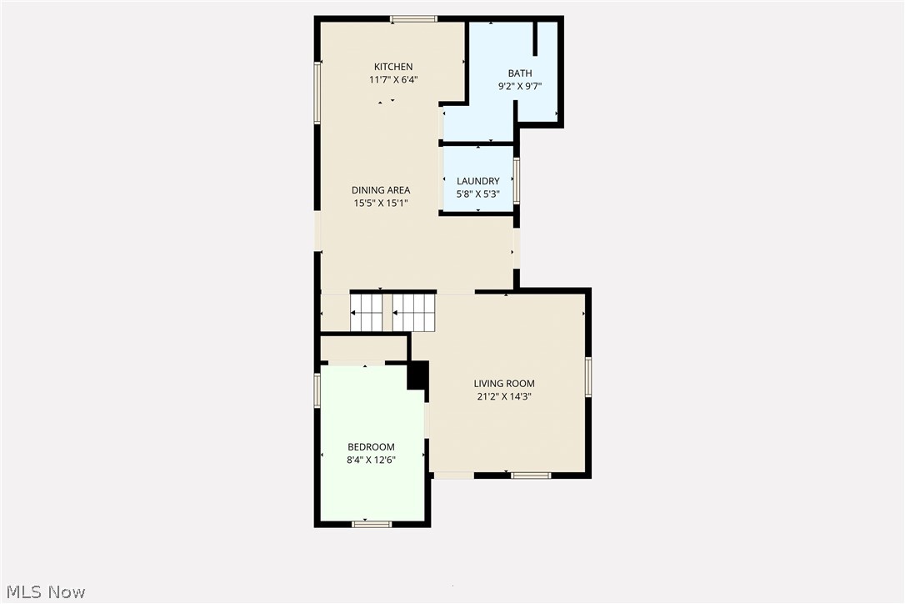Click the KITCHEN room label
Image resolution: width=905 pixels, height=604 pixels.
[x=392, y=67]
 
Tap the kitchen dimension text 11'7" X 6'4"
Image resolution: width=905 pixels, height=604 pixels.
[x=392, y=80]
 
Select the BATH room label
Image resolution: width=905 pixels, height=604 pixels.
[x=520, y=73]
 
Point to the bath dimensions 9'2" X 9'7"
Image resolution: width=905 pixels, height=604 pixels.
[x=520, y=86]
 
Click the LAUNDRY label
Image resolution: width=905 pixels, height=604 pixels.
[x=478, y=181]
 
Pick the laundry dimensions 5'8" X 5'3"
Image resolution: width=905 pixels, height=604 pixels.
[x=478, y=194]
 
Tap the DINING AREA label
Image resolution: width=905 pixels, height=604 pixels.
[x=380, y=190]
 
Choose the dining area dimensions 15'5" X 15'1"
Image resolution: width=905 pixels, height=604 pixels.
[x=380, y=203]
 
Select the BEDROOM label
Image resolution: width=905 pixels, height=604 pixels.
[x=371, y=447]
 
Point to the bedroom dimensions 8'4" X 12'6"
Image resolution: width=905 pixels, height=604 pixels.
[x=371, y=460]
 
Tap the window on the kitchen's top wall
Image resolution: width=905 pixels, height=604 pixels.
[x=414, y=18]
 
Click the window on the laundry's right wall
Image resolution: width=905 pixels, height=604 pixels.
[x=517, y=180]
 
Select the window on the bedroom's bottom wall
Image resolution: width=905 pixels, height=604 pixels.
[x=372, y=524]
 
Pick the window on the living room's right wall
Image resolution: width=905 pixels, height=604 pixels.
[x=588, y=376]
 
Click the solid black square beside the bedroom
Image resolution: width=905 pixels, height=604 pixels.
[x=417, y=375]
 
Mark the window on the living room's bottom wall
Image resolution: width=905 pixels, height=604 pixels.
[x=531, y=476]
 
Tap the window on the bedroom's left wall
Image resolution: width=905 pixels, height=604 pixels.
[x=317, y=390]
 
